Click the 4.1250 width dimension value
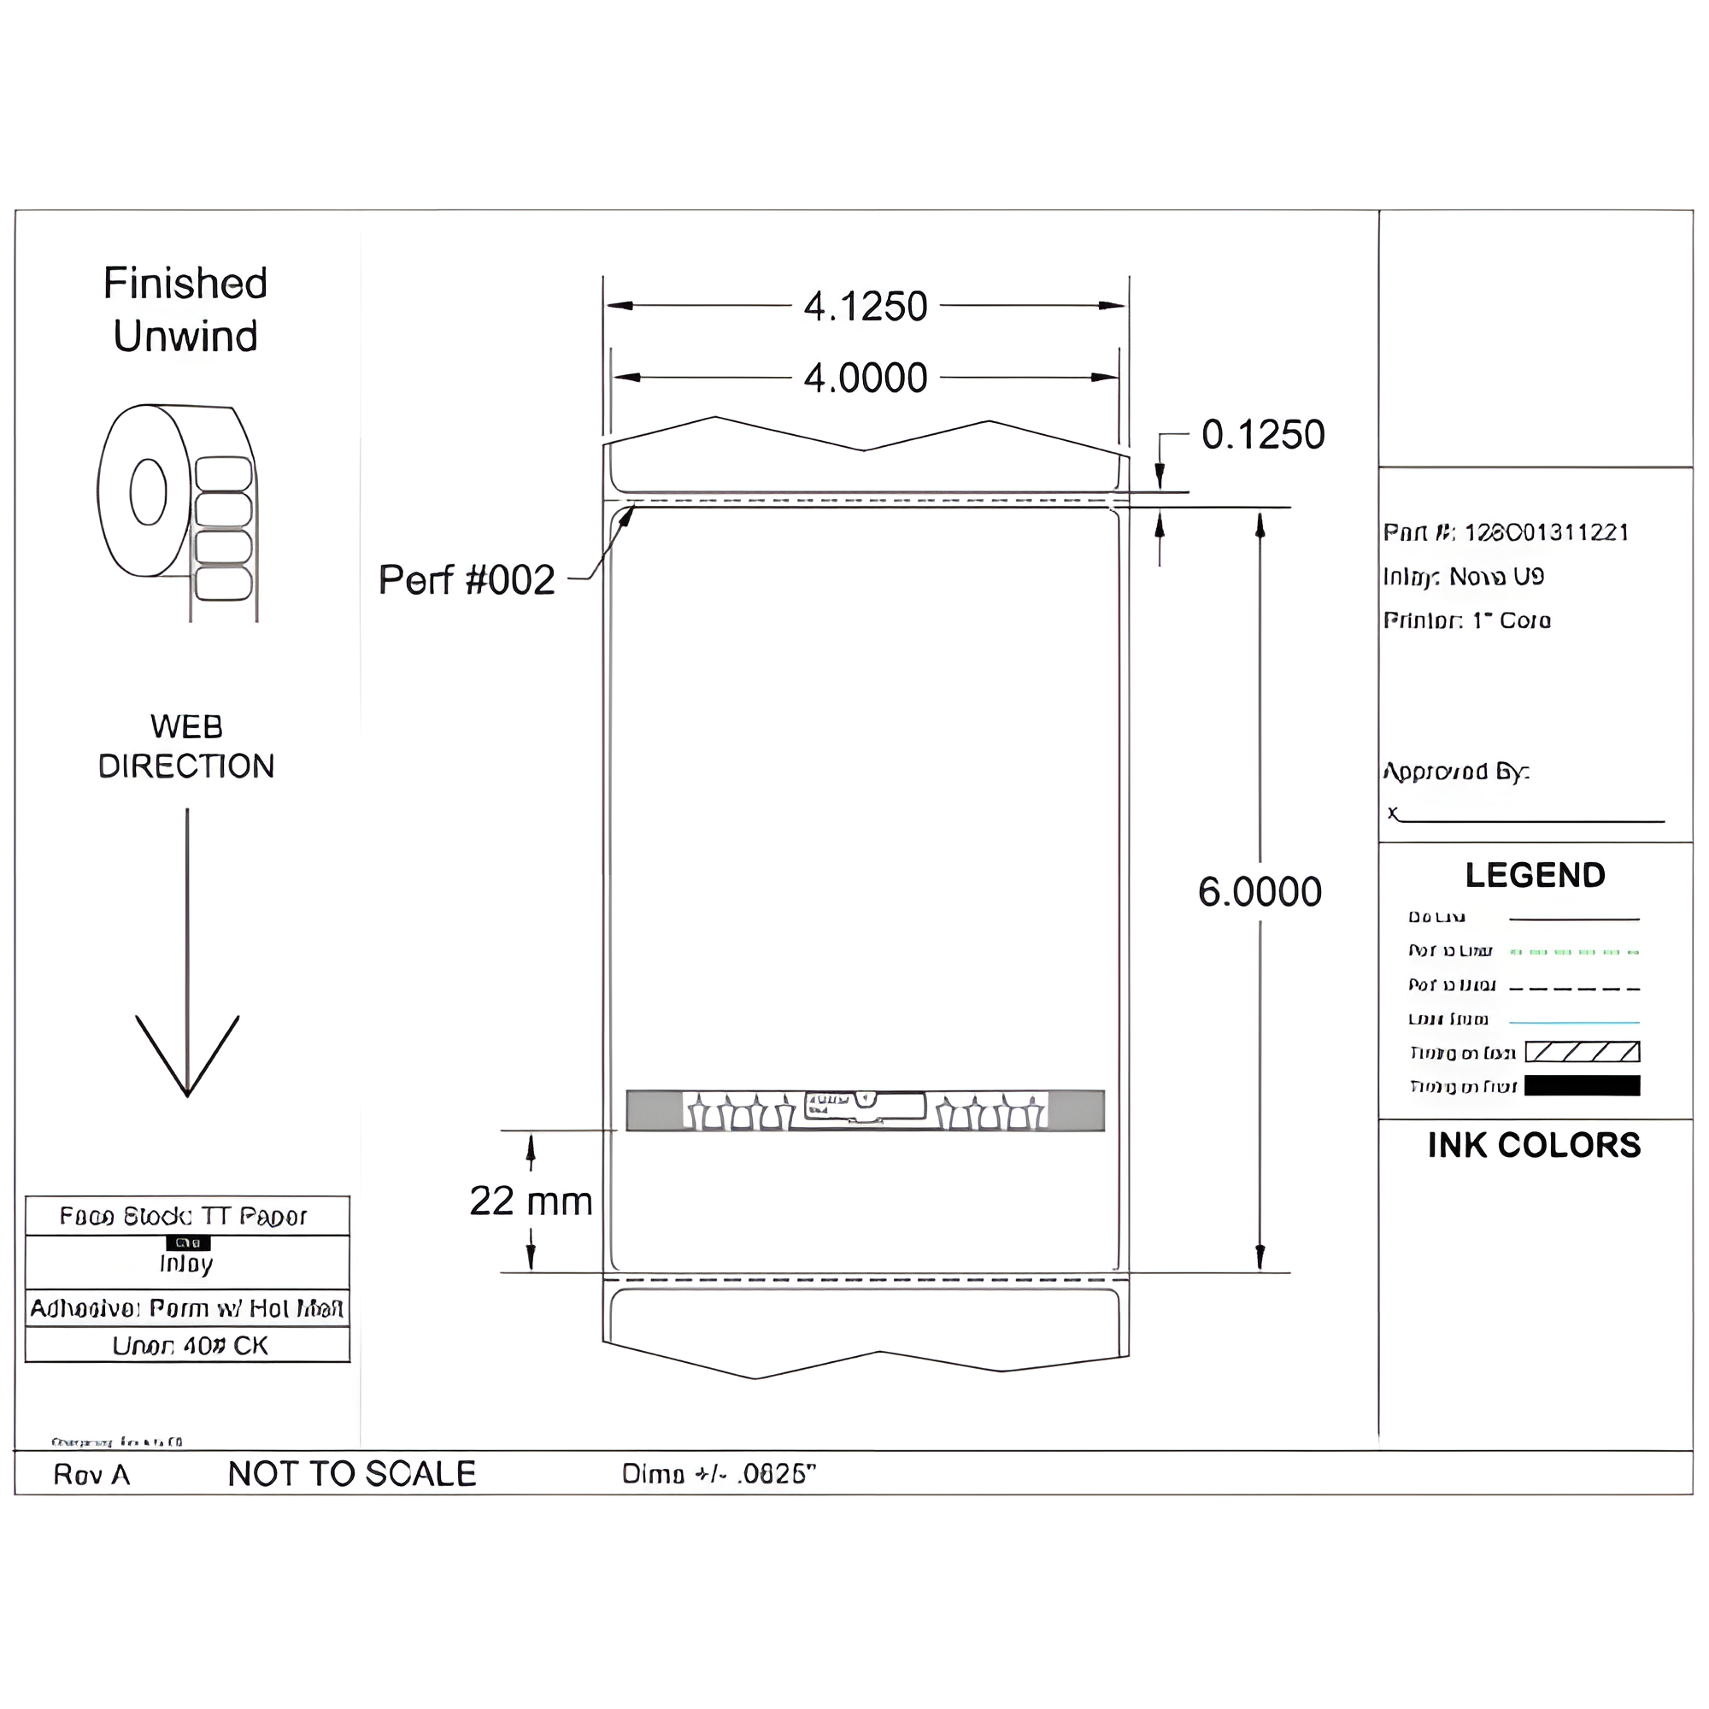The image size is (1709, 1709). point(865,307)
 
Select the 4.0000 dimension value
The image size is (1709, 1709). point(865,379)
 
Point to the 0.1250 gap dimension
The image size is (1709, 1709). point(1262,435)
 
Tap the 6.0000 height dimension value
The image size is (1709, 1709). point(1260,891)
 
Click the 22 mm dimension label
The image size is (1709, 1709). point(531,1201)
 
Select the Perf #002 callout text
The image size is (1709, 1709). point(467,580)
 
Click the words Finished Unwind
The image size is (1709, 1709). point(185,309)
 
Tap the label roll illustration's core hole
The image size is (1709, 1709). point(148,492)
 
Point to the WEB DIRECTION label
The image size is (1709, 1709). point(185,747)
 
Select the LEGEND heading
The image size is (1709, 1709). point(1535,876)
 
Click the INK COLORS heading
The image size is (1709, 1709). point(1534,1146)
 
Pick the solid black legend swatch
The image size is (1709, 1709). point(1582,1085)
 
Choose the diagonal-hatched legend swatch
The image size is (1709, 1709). point(1582,1052)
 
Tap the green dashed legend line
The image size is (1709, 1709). point(1574,953)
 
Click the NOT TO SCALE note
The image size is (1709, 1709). point(352,1474)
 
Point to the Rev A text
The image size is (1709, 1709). point(91,1475)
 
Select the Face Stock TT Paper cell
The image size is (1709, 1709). point(186,1216)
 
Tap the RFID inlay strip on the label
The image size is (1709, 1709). point(865,1111)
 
